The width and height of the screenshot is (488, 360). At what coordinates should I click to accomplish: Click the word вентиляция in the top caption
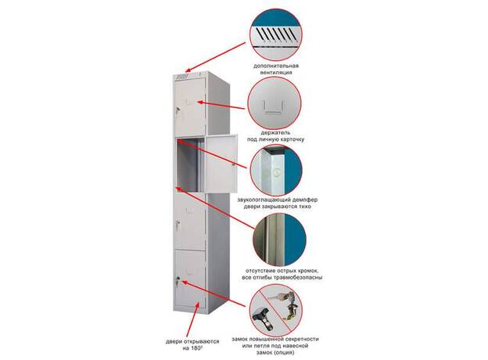[276, 72]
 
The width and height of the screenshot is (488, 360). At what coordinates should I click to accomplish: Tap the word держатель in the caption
[275, 132]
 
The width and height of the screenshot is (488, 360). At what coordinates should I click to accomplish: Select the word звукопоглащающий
[265, 200]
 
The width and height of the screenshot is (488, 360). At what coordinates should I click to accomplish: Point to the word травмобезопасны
[297, 277]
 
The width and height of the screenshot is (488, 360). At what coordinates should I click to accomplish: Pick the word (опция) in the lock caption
[283, 352]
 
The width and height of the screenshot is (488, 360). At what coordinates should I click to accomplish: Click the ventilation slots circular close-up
[276, 34]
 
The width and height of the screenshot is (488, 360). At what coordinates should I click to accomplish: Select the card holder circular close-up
[274, 104]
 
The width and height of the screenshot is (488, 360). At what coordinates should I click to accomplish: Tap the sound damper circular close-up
[276, 170]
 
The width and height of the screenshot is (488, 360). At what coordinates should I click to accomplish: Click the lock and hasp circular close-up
[276, 309]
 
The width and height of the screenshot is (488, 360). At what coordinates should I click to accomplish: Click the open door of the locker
[221, 164]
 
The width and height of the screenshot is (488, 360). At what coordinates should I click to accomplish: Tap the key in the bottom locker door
[178, 282]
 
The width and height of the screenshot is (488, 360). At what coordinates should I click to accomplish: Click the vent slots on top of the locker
[182, 76]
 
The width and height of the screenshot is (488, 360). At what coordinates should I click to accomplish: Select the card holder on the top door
[188, 103]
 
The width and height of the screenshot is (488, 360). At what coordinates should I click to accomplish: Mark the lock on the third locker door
[178, 225]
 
